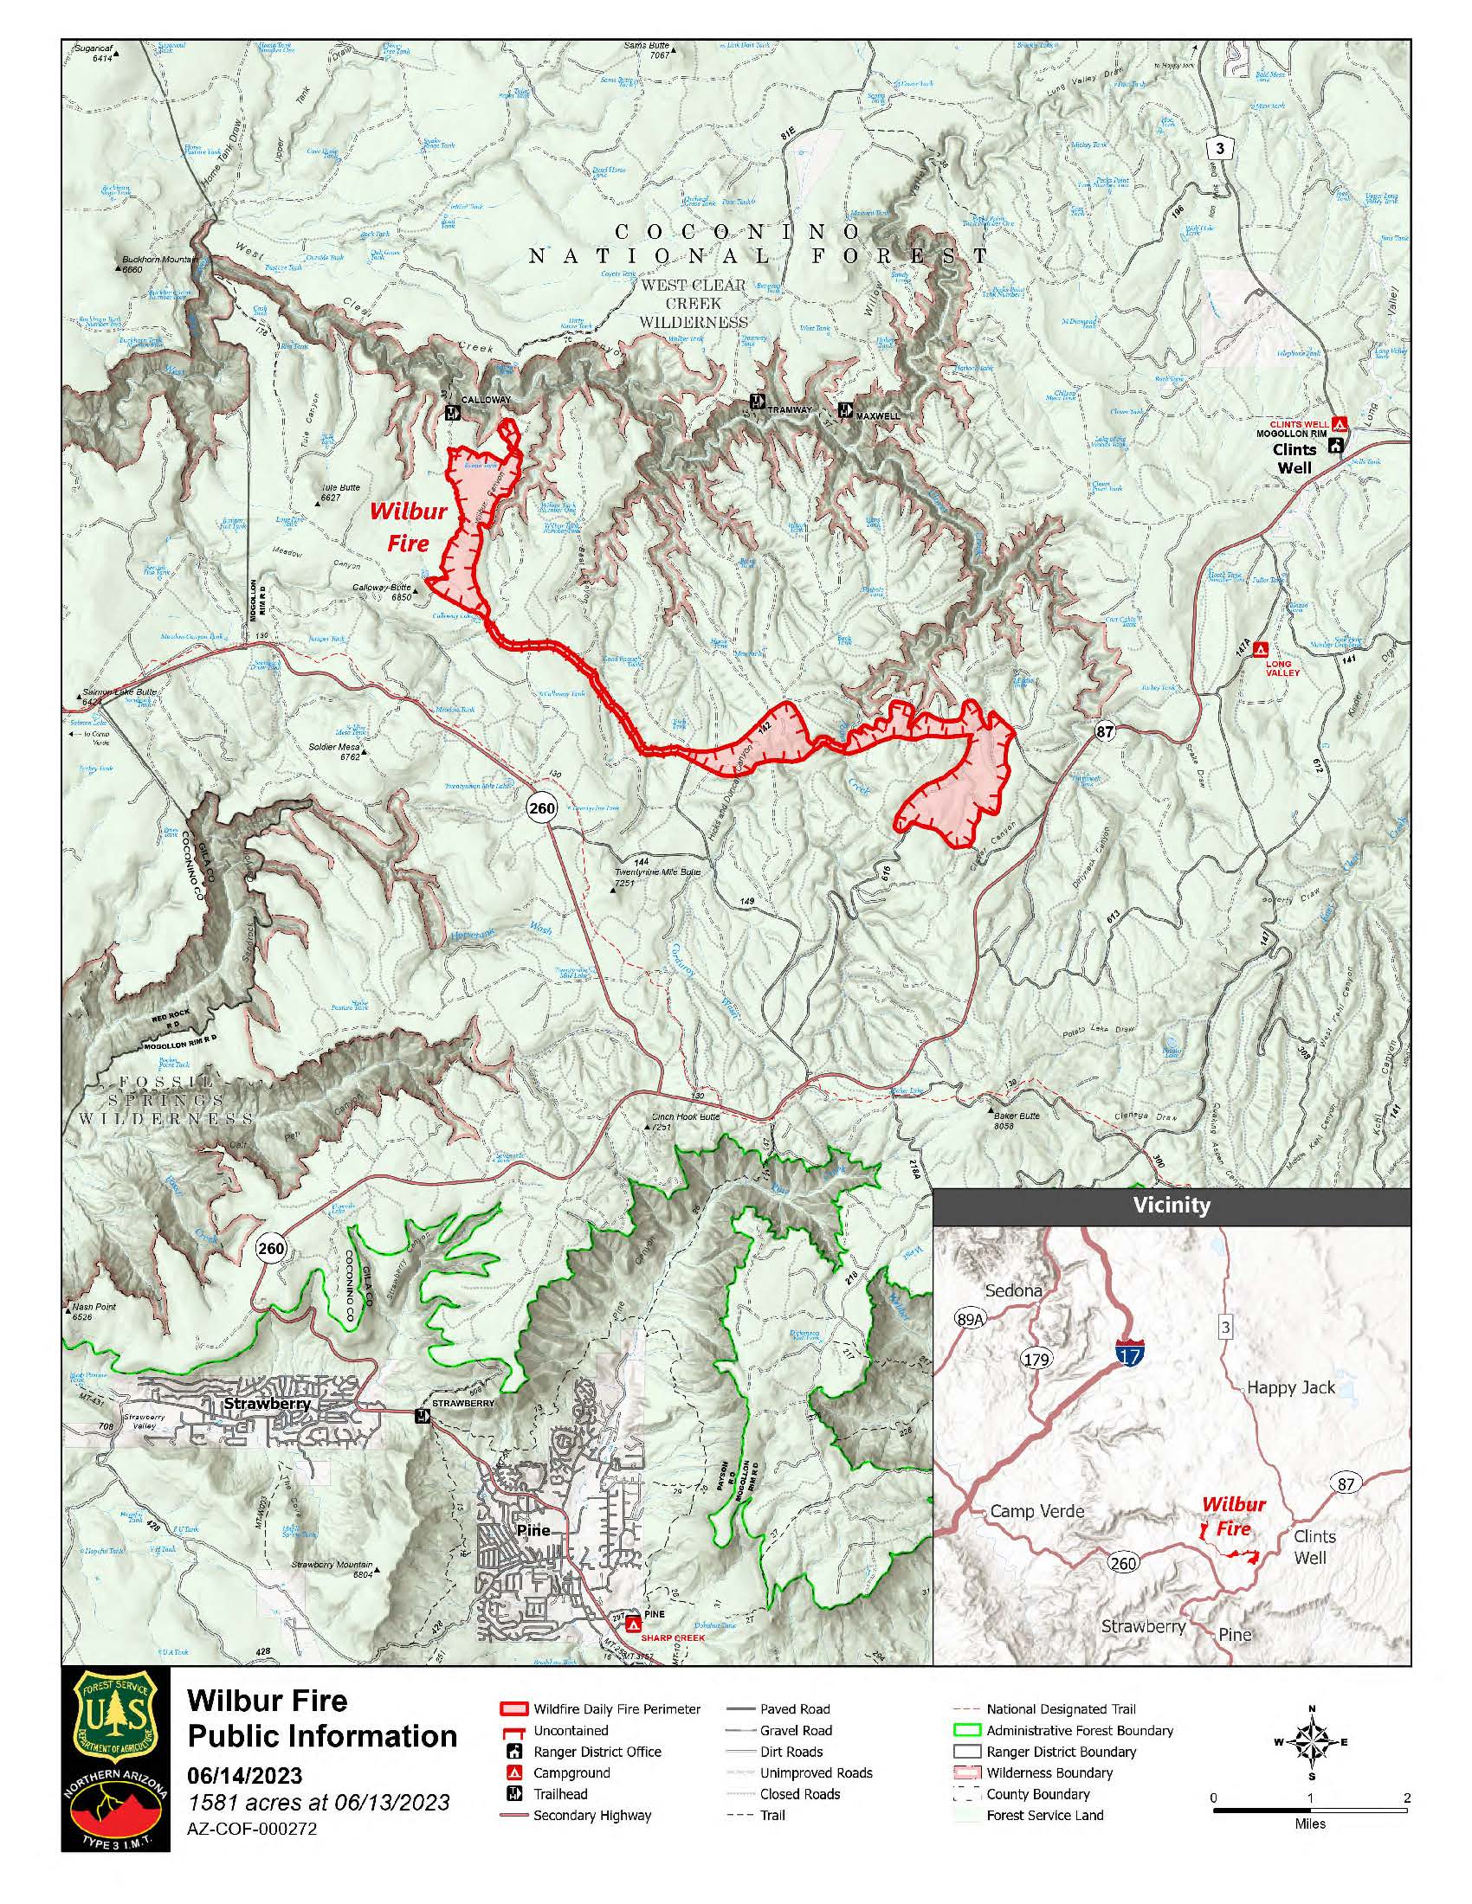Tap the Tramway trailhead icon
(757, 402)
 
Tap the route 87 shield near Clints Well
(1104, 731)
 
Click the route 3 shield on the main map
(1220, 148)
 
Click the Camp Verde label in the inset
(1036, 1511)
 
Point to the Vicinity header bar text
(1172, 1206)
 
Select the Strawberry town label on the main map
(267, 1405)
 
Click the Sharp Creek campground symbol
(634, 1625)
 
